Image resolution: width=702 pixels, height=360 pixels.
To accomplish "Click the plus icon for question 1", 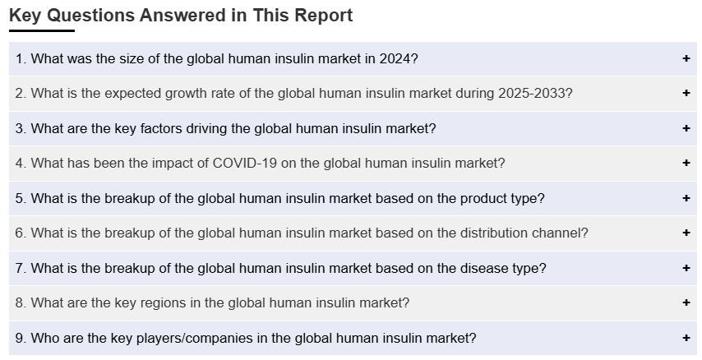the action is pos(686,58).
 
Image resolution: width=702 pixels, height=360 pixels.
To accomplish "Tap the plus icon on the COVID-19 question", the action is pos(686,163).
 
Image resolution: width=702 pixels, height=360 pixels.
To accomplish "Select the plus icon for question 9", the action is pos(686,338).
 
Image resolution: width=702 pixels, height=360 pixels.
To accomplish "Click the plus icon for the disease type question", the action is pos(686,268).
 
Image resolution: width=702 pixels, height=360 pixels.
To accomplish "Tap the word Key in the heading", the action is pos(25,16).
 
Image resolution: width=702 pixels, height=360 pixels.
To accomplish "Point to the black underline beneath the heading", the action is pos(42,31).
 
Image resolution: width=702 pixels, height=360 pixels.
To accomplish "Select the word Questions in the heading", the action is pos(91,16).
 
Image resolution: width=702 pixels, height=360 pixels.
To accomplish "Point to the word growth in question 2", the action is pos(184,94).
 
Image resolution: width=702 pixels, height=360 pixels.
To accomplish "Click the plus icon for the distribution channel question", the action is pos(686,233).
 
